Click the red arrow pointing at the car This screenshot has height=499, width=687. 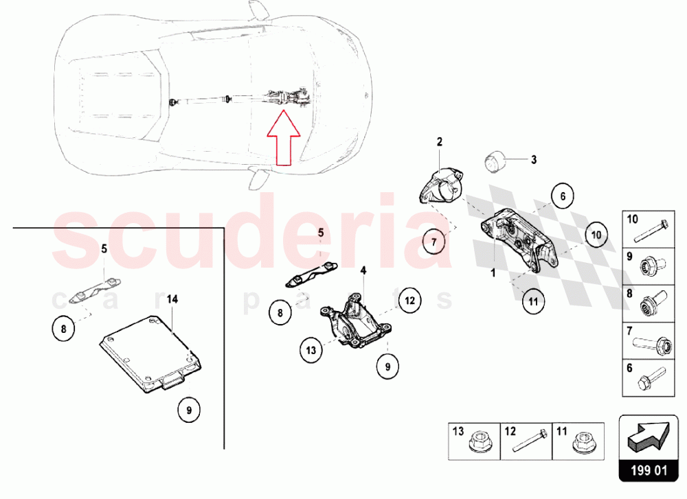284,138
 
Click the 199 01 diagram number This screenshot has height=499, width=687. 649,471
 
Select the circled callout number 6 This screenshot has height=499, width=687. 563,196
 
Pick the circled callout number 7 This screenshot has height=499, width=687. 433,242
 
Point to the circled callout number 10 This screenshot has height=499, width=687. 596,235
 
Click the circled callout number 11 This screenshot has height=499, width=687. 533,301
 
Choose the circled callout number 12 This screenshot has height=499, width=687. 409,300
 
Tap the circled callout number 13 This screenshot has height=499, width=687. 311,350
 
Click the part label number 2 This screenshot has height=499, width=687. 440,142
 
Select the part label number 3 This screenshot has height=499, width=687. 534,160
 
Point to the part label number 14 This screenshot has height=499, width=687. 172,299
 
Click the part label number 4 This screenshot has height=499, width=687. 363,270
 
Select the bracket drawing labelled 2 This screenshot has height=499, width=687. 439,187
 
